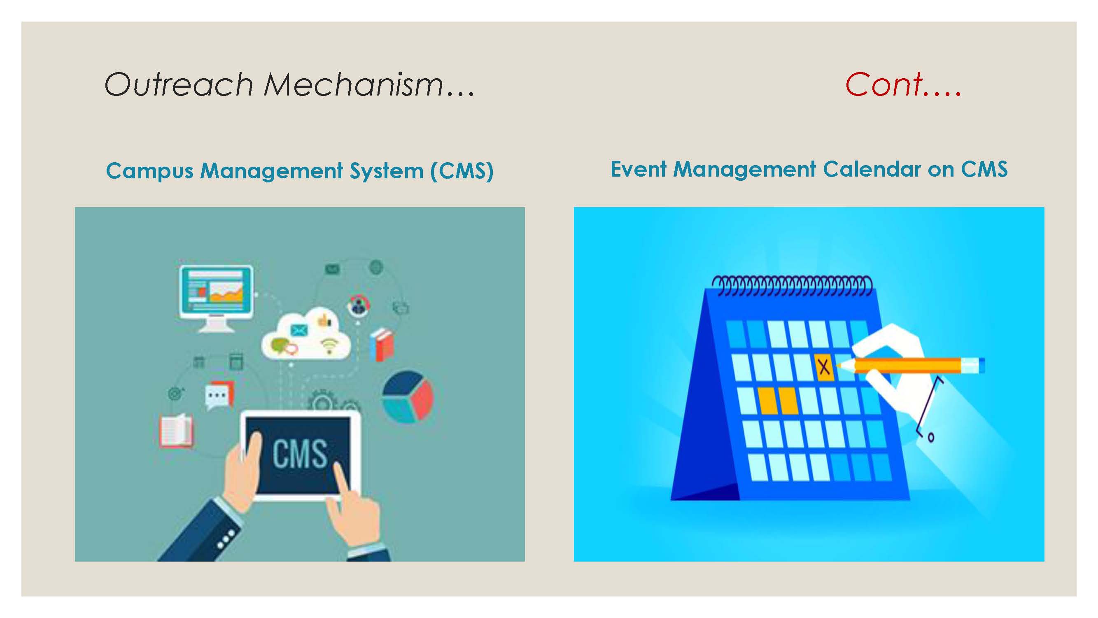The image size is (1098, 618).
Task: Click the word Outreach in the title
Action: pos(179,84)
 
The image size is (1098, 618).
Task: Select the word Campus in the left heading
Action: pos(149,171)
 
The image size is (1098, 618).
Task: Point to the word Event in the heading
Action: pos(639,169)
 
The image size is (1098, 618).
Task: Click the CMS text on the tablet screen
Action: pos(300,454)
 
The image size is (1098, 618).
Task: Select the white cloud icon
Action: pos(306,337)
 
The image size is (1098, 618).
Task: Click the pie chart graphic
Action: pos(408,397)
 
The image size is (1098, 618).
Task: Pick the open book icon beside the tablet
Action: pos(176,431)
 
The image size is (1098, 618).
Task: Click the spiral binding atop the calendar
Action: pos(792,286)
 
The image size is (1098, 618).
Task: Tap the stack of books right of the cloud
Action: pos(382,344)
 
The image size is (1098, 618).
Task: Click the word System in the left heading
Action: pos(387,171)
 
